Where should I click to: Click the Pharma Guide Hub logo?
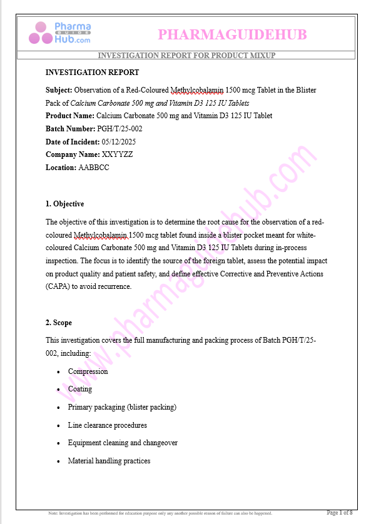coord(63,33)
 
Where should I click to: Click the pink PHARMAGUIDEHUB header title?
coord(232,34)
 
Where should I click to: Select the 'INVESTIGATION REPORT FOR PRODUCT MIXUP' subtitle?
coord(186,56)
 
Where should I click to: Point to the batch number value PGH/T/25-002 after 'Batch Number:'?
coord(119,129)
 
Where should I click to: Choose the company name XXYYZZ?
coord(118,154)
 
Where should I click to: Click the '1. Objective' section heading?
coord(64,204)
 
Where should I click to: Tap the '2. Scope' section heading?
coord(59,323)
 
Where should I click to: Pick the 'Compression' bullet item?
coord(88,371)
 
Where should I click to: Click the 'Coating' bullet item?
coord(80,389)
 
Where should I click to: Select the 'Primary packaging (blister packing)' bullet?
coord(122,407)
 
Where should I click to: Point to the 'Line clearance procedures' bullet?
coord(108,425)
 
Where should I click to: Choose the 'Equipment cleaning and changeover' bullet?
coord(123,443)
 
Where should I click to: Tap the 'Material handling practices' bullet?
coord(109,461)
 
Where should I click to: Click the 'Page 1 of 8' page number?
coord(340,513)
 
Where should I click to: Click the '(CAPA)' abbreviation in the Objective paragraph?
coord(58,286)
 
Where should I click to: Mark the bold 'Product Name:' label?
coord(70,116)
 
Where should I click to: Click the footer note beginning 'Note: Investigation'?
coord(160,513)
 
